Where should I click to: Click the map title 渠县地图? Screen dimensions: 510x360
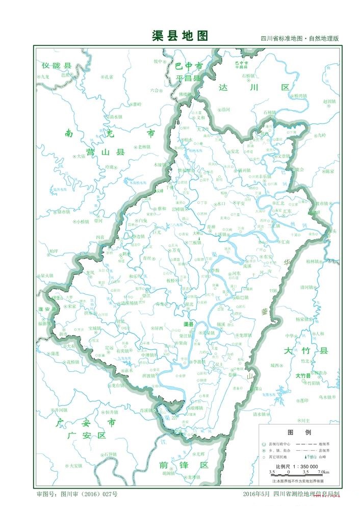click(x=180, y=35)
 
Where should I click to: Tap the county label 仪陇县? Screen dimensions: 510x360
click(x=57, y=66)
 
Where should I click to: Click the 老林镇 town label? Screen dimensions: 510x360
click(x=144, y=147)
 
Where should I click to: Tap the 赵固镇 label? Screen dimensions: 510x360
click(x=330, y=101)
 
